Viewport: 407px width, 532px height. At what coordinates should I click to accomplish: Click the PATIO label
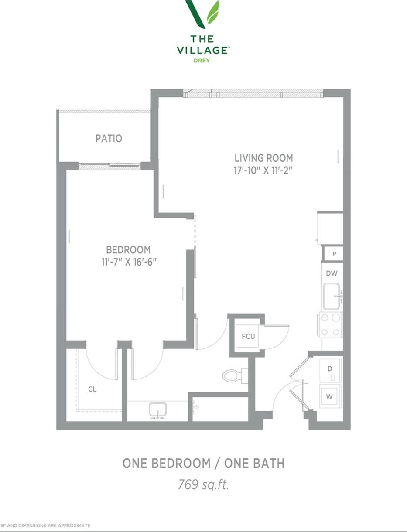point(109,139)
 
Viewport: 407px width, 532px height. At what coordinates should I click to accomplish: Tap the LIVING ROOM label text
point(263,158)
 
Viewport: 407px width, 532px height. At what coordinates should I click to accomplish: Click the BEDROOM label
point(128,250)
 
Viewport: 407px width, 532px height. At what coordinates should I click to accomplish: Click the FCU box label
point(248,337)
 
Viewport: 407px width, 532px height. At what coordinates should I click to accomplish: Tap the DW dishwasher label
point(332,273)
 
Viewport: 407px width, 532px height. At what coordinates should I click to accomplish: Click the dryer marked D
point(330,368)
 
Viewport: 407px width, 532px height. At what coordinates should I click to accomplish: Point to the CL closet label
point(92,389)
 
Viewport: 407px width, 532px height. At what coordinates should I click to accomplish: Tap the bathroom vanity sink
point(157,410)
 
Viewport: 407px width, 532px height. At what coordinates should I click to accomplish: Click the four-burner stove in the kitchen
point(331,325)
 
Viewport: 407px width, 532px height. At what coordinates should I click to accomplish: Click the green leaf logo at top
point(202,14)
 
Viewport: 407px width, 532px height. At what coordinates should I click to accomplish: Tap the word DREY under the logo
point(202,61)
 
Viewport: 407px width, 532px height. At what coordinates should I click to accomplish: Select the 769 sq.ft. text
point(203,484)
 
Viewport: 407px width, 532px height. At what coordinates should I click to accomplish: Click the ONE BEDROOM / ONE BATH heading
point(203,463)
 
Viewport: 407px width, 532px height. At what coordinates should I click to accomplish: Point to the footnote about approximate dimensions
point(45,525)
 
